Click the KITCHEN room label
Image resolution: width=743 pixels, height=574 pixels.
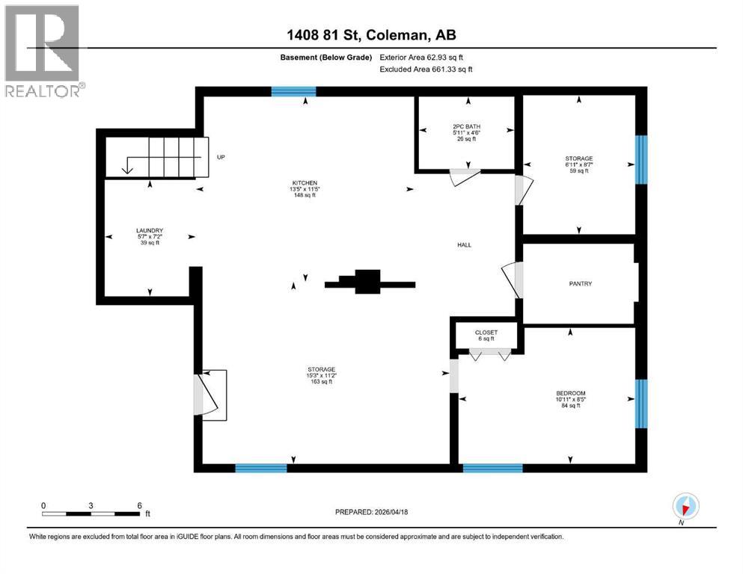pos(305,183)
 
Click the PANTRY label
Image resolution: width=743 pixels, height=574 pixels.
pos(579,283)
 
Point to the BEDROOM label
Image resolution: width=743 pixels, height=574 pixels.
pos(570,394)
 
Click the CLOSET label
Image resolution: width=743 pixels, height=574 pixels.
pos(486,333)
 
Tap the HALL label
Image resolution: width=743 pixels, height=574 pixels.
pos(465,244)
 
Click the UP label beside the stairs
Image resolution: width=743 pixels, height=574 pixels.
pos(221,158)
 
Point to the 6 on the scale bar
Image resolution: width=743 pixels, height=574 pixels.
pos(139,505)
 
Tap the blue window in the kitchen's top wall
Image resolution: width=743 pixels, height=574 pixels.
pos(293,92)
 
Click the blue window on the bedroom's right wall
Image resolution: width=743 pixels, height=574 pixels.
pos(640,404)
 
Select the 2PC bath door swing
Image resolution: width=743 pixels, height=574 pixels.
pos(464,176)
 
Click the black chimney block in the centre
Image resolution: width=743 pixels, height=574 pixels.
pos(367,282)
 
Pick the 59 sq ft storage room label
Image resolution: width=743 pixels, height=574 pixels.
pos(578,164)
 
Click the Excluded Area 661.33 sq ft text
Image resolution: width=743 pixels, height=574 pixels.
pos(426,69)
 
